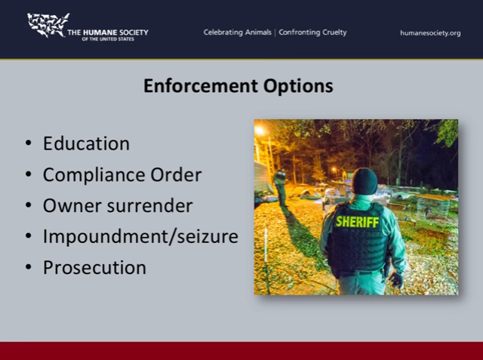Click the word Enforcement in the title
201,85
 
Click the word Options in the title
298,87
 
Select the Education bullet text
86,143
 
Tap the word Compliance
94,175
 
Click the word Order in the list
176,174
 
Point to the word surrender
149,206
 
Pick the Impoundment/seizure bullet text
140,236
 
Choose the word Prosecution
94,267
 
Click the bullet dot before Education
29,143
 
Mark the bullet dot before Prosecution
29,266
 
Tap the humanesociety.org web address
430,33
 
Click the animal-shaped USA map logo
48,25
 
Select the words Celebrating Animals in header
237,32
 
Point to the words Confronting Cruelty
312,32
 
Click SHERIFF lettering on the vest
357,222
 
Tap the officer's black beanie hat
365,181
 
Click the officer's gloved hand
395,280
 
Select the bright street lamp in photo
260,131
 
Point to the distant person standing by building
281,188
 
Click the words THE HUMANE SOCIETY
108,32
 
